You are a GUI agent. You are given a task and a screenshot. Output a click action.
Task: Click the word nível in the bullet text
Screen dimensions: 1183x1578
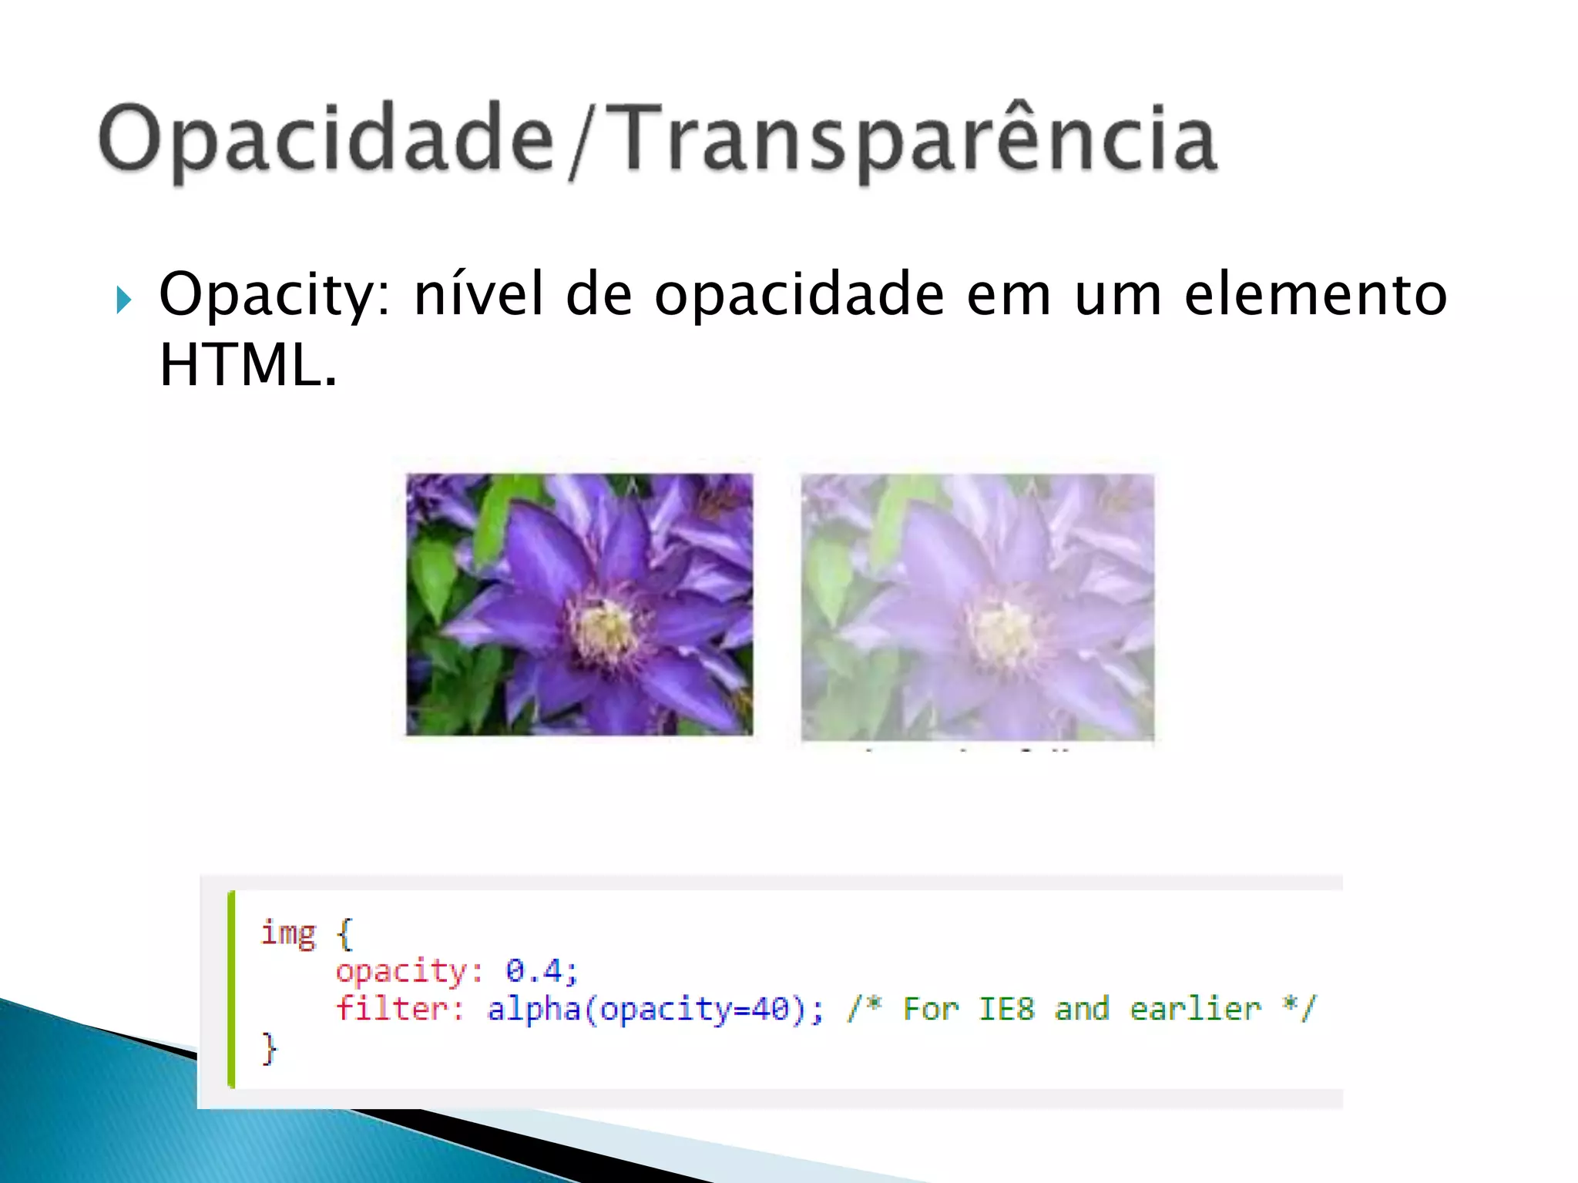(478, 295)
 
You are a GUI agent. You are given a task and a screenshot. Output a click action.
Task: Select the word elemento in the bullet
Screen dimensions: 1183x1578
(1315, 295)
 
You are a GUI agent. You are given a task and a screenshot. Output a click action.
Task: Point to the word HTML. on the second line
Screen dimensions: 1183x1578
(247, 365)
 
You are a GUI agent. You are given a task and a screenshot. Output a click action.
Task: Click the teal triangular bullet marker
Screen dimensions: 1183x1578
(124, 300)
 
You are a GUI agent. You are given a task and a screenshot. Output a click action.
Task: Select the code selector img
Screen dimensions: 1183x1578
(288, 933)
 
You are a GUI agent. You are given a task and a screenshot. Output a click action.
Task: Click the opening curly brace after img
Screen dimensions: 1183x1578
(344, 934)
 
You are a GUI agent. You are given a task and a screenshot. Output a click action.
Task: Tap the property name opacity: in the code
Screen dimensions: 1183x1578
(409, 970)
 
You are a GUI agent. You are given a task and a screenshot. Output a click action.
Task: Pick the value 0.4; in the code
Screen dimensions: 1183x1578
(541, 970)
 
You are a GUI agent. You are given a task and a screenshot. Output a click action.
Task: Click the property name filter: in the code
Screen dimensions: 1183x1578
(400, 1008)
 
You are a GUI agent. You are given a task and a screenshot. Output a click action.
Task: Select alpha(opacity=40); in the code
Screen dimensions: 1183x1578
(655, 1009)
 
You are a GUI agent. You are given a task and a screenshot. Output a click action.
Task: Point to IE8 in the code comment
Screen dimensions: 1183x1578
(1006, 1008)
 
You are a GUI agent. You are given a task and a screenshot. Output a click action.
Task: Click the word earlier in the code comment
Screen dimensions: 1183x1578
(1195, 1008)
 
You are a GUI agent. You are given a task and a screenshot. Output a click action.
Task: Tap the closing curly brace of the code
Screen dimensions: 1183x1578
(268, 1048)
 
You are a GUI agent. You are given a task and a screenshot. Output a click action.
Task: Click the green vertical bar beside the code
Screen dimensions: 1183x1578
(231, 989)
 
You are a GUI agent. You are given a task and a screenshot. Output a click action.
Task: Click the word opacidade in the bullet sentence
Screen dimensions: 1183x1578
(800, 295)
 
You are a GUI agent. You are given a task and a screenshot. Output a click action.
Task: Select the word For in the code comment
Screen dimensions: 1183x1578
(931, 1008)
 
